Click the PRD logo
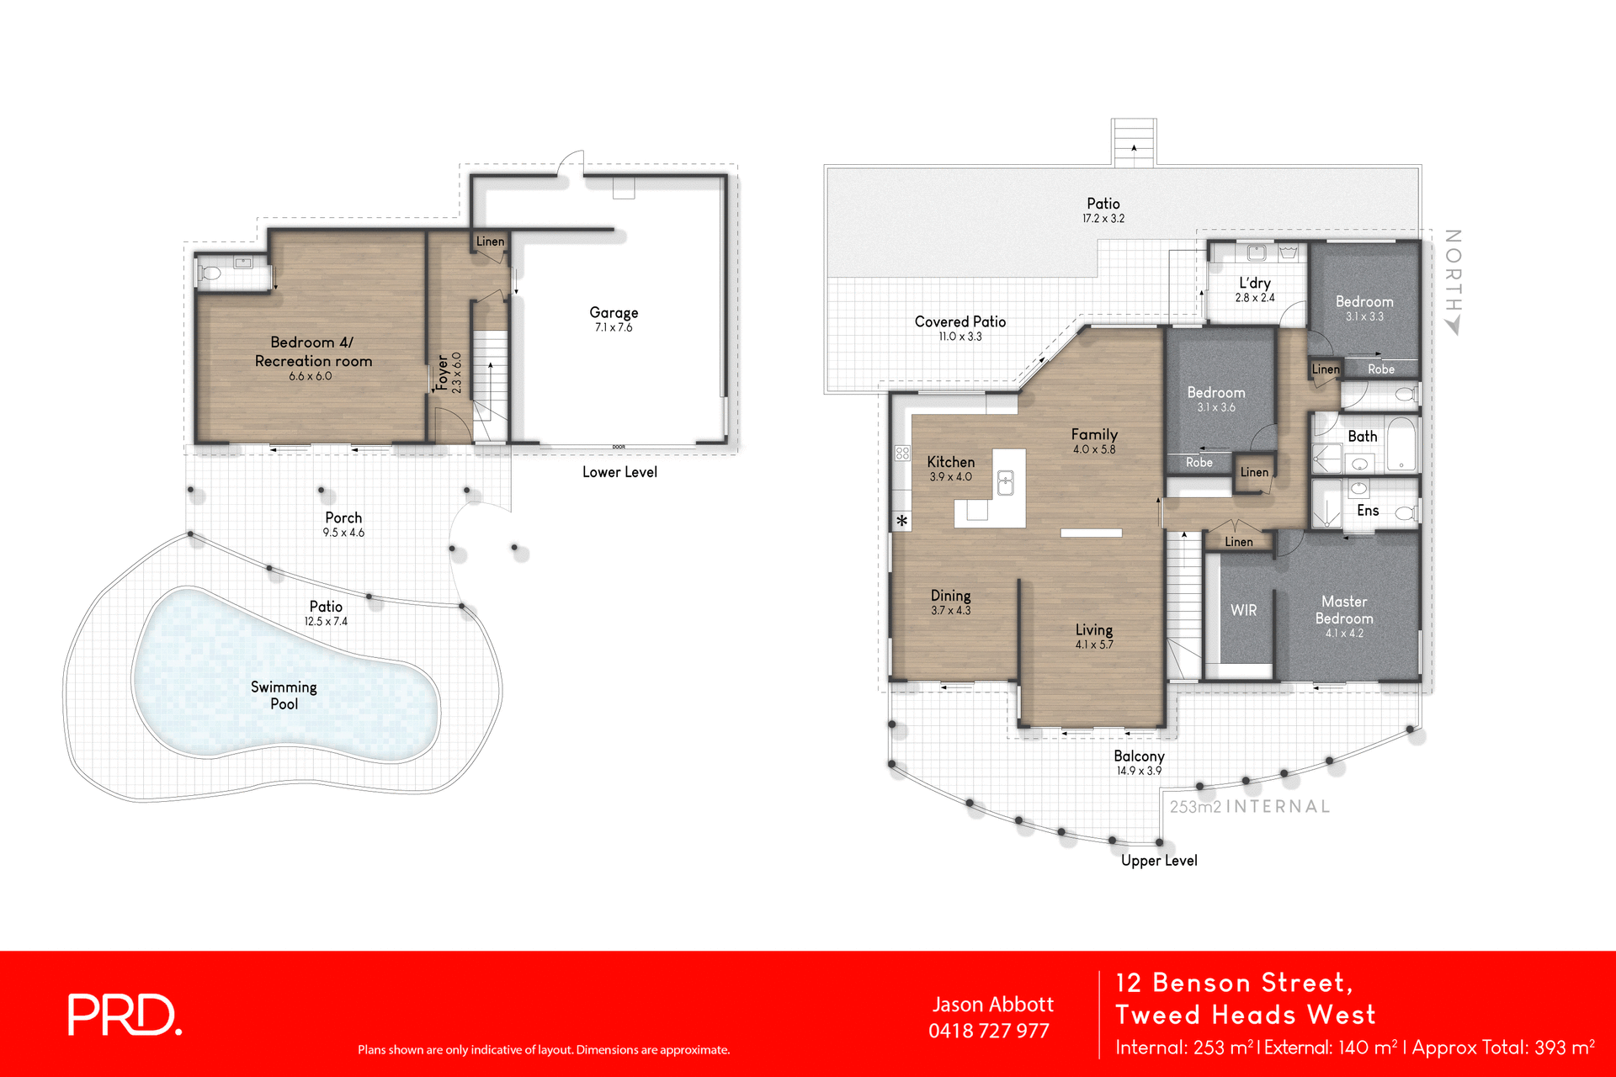125,1015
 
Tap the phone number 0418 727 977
989,1031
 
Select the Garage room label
614,312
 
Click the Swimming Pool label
284,695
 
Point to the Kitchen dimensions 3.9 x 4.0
950,477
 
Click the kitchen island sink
1005,482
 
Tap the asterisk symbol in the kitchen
901,521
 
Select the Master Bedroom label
1344,609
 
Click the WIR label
1243,610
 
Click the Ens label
1368,510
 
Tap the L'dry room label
1254,283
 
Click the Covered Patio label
960,321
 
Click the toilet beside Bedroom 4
210,273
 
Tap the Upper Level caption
1159,860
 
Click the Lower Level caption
619,472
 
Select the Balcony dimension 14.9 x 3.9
1139,771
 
